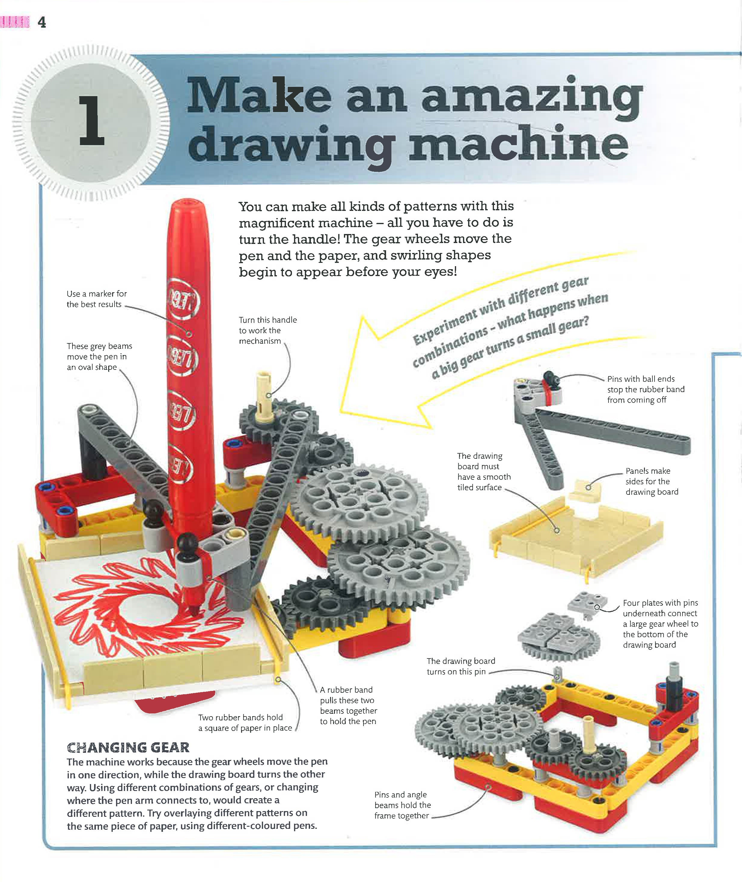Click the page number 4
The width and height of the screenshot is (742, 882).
tap(42, 22)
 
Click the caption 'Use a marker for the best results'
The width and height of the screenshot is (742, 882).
tap(96, 299)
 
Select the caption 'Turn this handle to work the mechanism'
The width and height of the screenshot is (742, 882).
tap(267, 330)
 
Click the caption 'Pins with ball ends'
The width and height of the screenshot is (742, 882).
tap(641, 379)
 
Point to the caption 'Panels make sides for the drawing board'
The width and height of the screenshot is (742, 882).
tap(652, 481)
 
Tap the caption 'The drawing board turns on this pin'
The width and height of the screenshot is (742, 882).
tap(461, 666)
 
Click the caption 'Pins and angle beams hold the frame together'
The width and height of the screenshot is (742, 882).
tap(402, 805)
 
